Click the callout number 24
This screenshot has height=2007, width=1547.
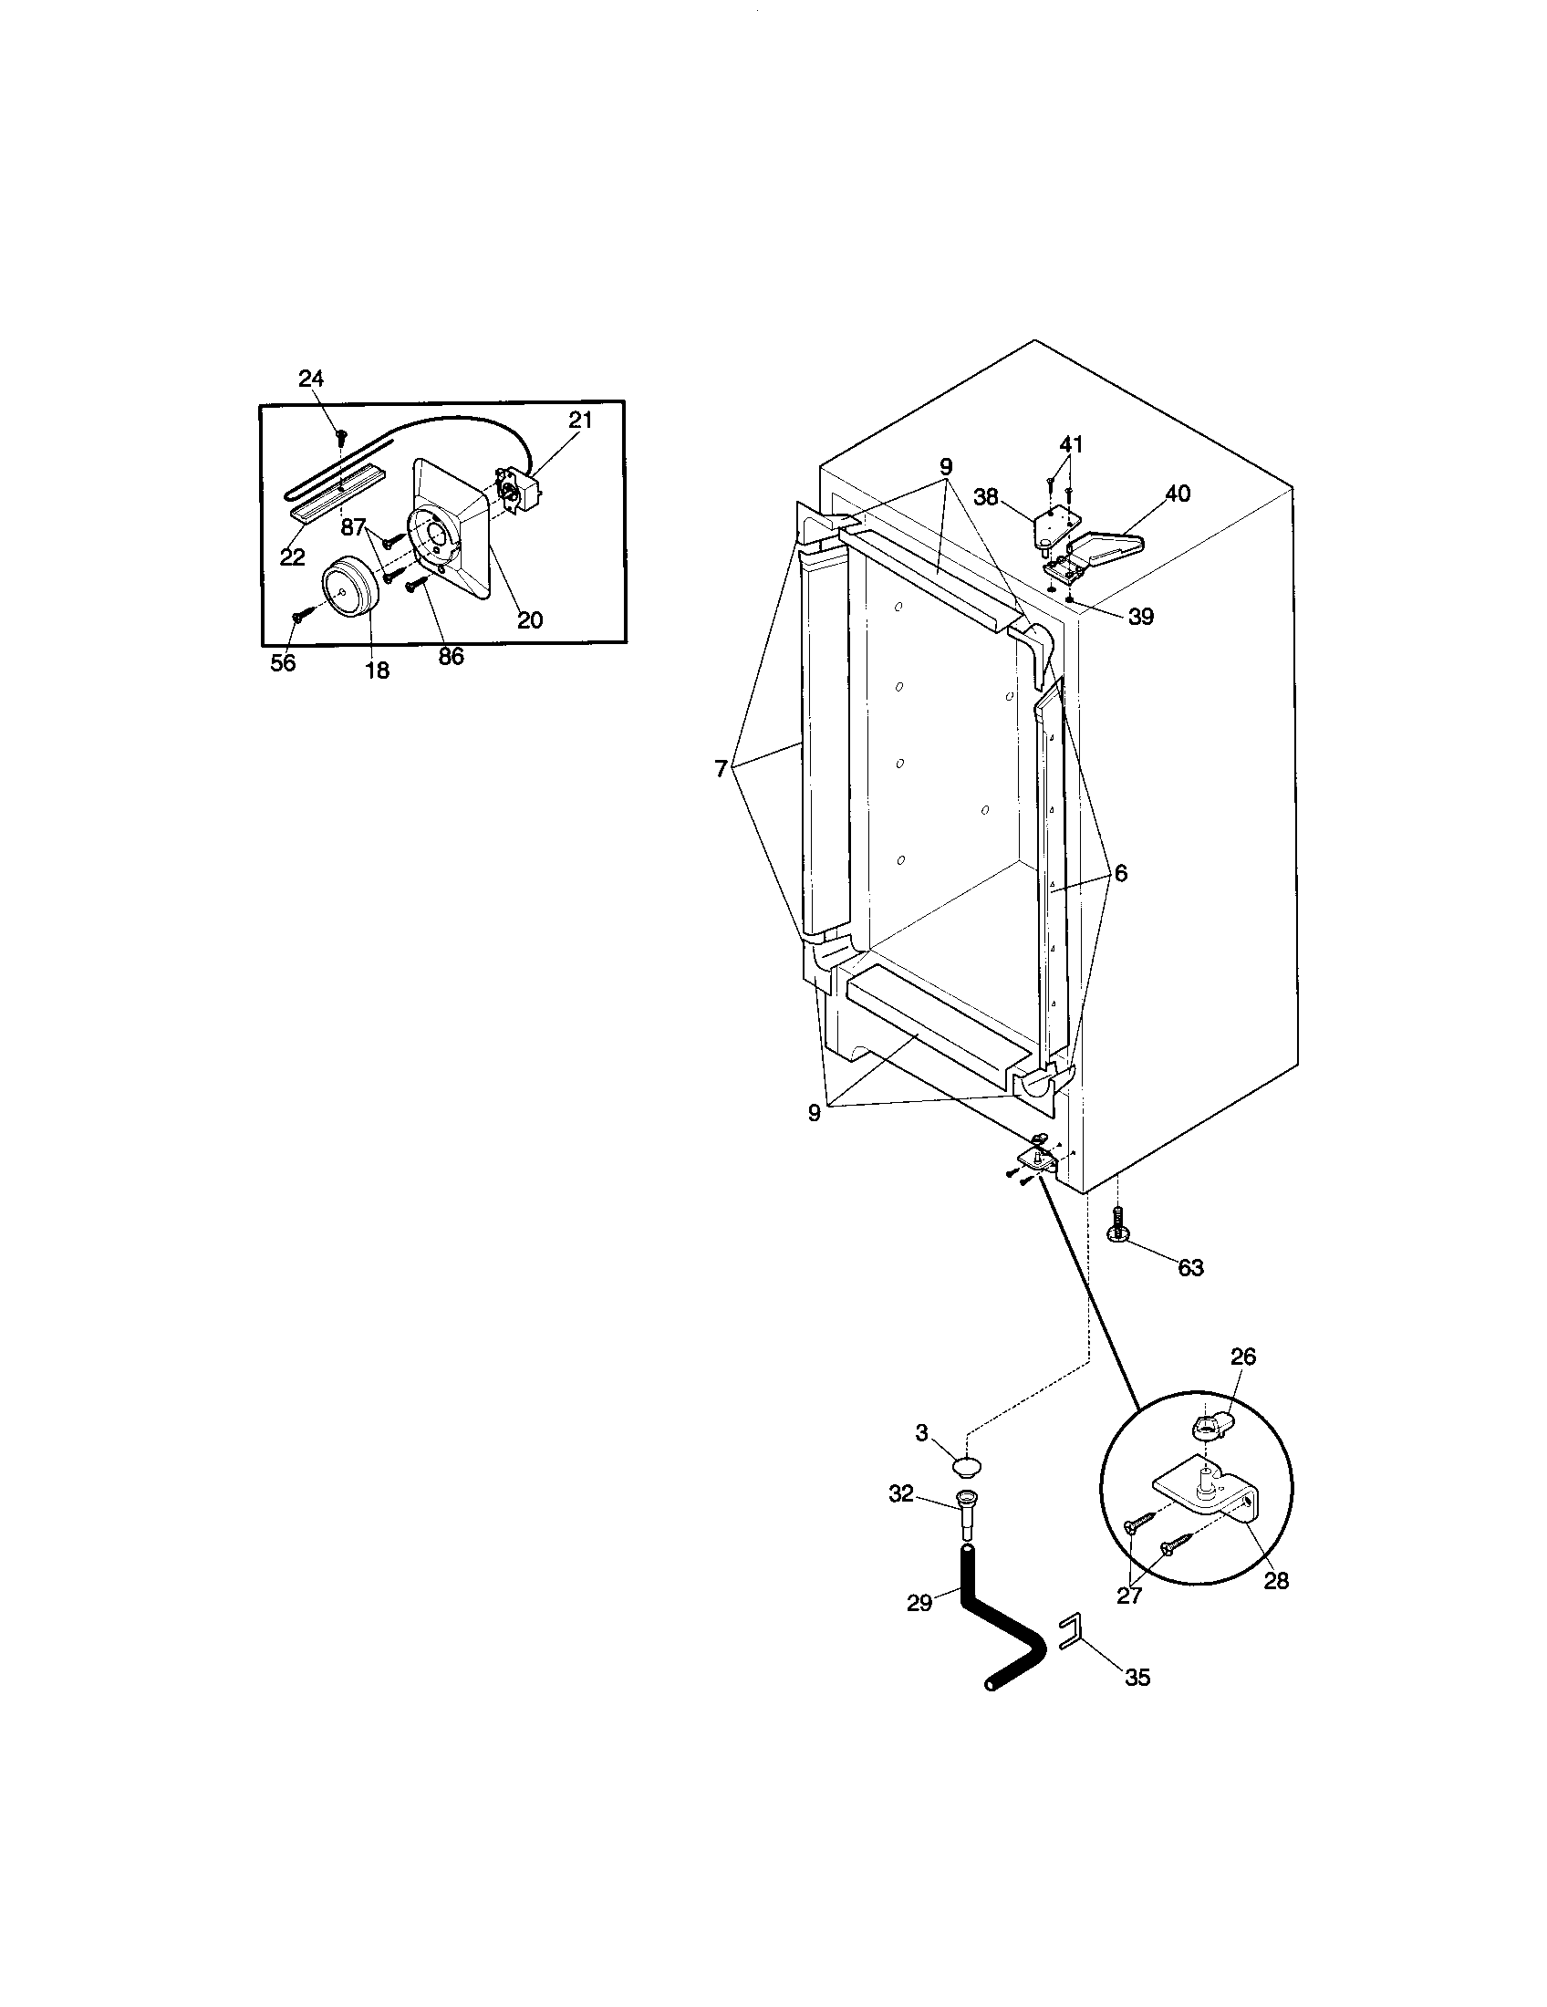coord(311,379)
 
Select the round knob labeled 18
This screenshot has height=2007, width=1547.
coord(348,586)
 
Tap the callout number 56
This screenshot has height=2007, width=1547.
coord(283,662)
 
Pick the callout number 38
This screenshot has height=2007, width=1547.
coord(986,497)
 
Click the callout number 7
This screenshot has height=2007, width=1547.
coord(722,769)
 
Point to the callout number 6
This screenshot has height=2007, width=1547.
coord(1121,873)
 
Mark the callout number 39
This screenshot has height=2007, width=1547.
coord(1140,617)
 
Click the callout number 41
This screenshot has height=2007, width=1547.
coord(1071,445)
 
